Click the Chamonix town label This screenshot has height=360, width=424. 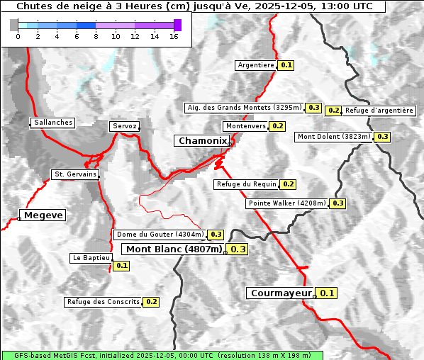coord(202,141)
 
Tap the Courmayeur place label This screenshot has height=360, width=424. coord(281,293)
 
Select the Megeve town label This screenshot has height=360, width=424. coord(43,215)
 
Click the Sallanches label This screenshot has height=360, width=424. coord(52,123)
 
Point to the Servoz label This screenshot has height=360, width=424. coord(124,126)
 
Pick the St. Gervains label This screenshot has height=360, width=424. coord(75,174)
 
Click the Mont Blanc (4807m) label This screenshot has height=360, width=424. coord(174,249)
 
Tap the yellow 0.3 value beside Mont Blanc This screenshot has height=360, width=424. coord(238,249)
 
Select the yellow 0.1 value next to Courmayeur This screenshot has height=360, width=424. coord(327,293)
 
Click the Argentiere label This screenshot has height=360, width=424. coord(256,65)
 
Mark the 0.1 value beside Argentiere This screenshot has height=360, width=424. coord(286,65)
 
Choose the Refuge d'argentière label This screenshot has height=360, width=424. coord(379,111)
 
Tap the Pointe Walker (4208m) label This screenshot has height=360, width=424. coord(286,203)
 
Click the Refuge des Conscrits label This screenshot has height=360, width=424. coord(103,302)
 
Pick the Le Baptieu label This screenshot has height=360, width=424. coord(91,258)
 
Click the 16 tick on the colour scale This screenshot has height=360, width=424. coord(174,37)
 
